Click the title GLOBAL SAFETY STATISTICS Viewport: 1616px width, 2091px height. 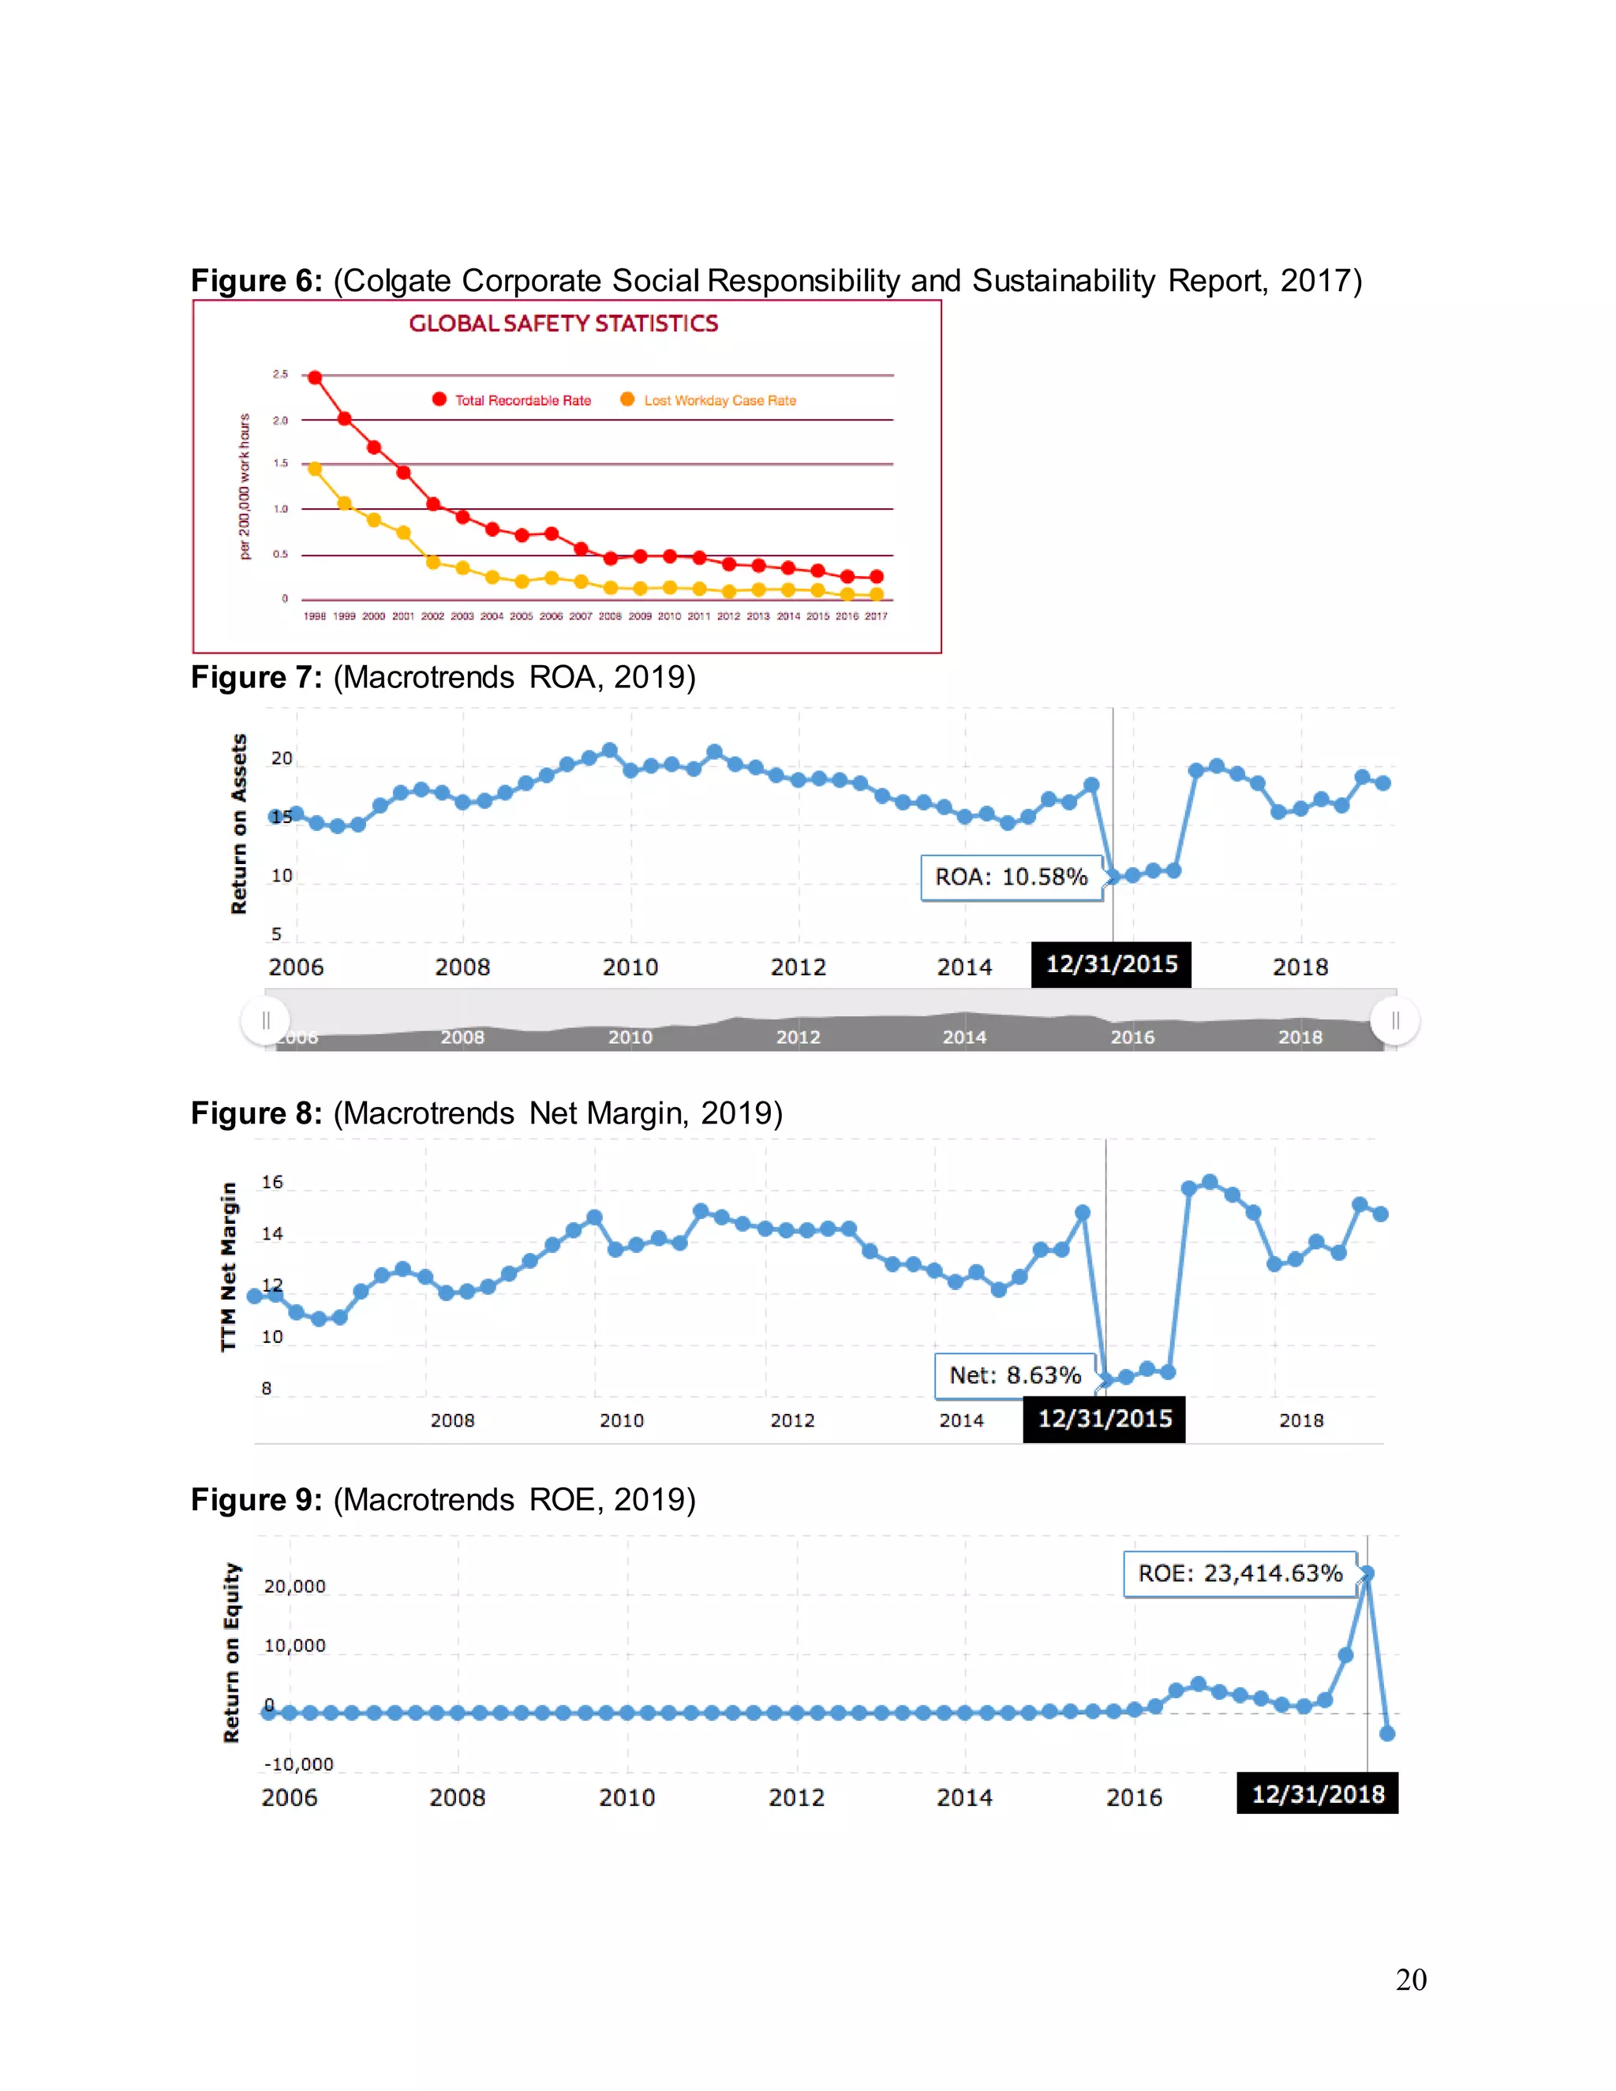pyautogui.click(x=563, y=324)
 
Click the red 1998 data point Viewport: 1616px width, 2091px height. pyautogui.click(x=314, y=377)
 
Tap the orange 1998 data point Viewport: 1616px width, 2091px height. pyautogui.click(x=314, y=468)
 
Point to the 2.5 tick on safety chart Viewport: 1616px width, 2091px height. pyautogui.click(x=279, y=374)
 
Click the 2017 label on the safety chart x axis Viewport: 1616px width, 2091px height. pyautogui.click(x=876, y=616)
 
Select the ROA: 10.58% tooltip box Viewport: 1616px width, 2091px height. pyautogui.click(x=1011, y=877)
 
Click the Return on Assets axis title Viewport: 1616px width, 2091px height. pyautogui.click(x=239, y=823)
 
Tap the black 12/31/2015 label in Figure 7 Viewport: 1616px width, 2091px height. pyautogui.click(x=1110, y=964)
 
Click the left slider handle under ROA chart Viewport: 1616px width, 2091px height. pyautogui.click(x=265, y=1020)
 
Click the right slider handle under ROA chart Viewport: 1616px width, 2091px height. pyautogui.click(x=1394, y=1020)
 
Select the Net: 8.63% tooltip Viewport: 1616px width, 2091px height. pyautogui.click(x=1015, y=1375)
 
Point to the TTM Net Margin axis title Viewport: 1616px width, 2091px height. pyautogui.click(x=228, y=1266)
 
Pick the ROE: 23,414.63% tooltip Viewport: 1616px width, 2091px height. pyautogui.click(x=1240, y=1573)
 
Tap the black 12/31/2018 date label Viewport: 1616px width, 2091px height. pyautogui.click(x=1317, y=1794)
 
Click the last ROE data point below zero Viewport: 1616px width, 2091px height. pyautogui.click(x=1387, y=1733)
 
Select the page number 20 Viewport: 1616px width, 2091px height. pyautogui.click(x=1410, y=1979)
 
